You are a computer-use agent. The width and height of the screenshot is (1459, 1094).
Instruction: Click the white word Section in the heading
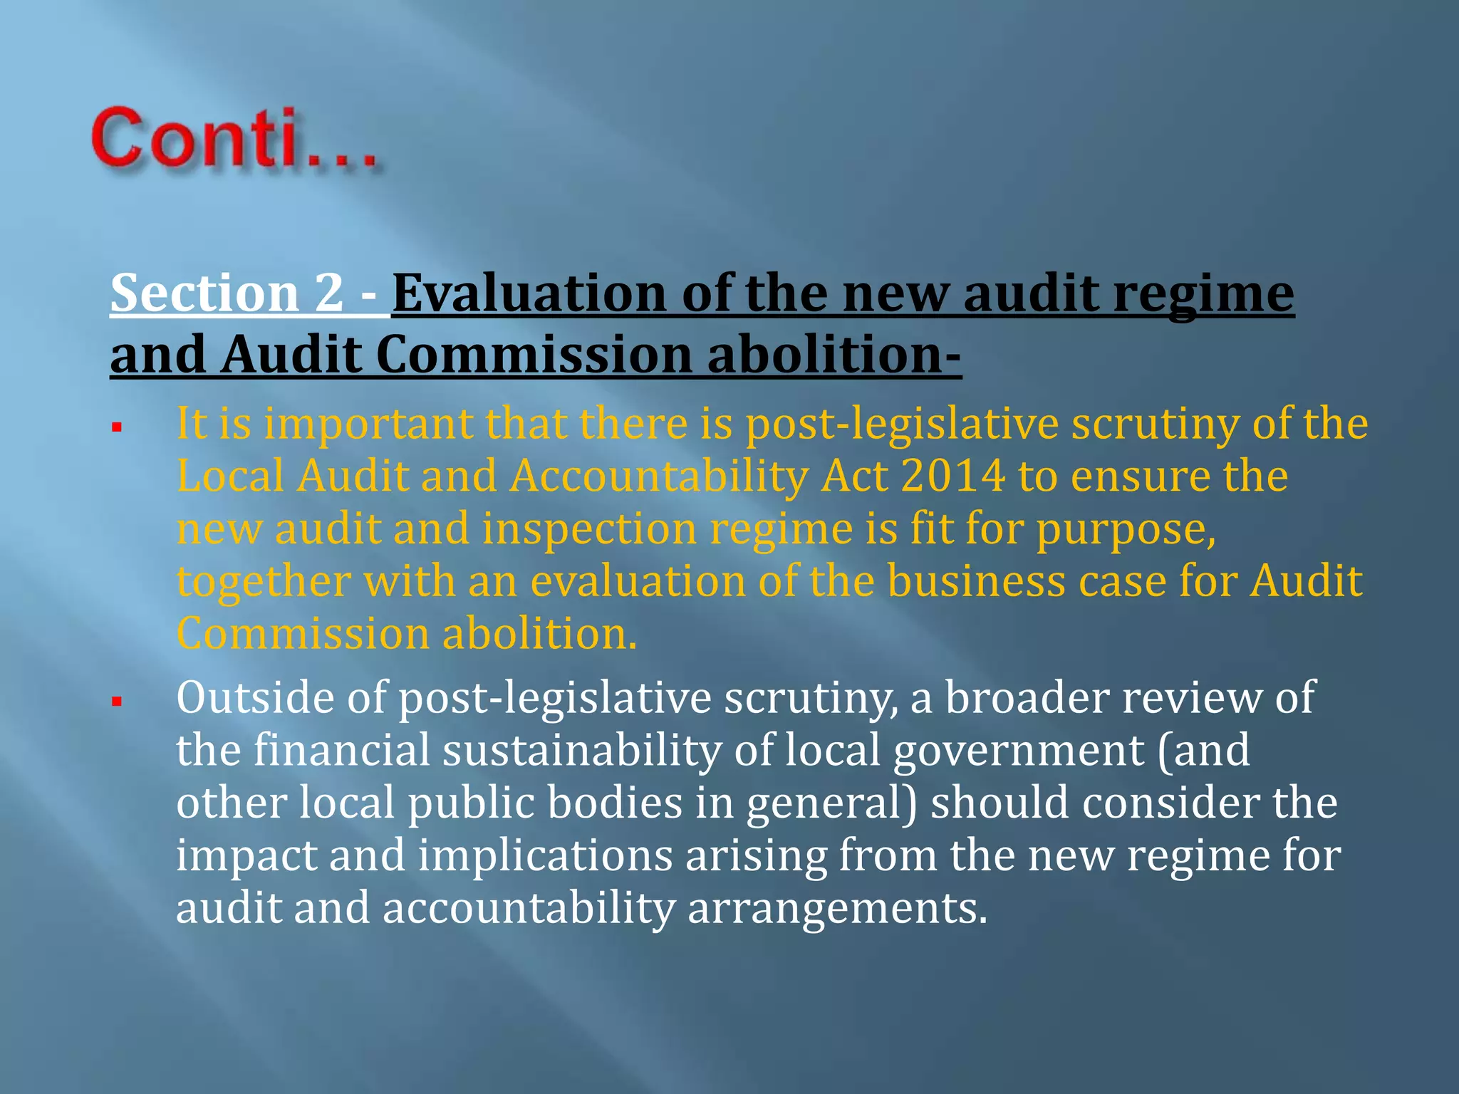coord(204,293)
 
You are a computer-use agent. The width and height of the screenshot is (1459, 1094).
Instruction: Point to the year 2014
coord(953,476)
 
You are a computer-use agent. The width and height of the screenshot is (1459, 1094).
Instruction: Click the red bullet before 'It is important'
coord(118,428)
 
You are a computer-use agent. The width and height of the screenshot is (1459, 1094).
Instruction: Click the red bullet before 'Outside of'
coord(118,702)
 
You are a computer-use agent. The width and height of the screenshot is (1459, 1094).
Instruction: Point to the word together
coord(264,582)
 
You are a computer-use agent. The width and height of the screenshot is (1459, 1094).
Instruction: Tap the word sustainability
coord(582,750)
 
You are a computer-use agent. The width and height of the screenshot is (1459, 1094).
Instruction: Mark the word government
coord(1019,751)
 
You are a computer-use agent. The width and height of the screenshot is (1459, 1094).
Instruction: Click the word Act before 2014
coord(854,476)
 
